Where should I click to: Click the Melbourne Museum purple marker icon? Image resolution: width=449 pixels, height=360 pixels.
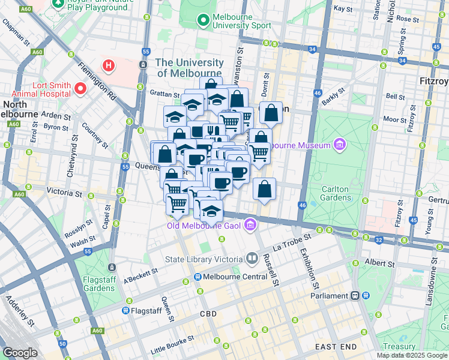pyautogui.click(x=340, y=145)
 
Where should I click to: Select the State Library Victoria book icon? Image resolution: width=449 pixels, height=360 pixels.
pyautogui.click(x=252, y=259)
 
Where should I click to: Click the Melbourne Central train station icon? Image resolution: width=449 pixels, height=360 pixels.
pyautogui.click(x=197, y=277)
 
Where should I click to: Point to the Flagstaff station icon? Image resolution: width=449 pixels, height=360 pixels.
pyautogui.click(x=125, y=311)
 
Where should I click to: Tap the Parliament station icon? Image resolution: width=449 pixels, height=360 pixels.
pyautogui.click(x=356, y=295)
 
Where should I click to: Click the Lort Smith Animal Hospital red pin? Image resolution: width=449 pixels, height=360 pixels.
pyautogui.click(x=80, y=89)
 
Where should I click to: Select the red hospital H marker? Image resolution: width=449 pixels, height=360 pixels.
pyautogui.click(x=108, y=65)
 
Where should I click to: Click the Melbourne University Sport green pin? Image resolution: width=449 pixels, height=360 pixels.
pyautogui.click(x=203, y=20)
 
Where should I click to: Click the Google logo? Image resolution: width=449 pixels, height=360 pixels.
pyautogui.click(x=20, y=353)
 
